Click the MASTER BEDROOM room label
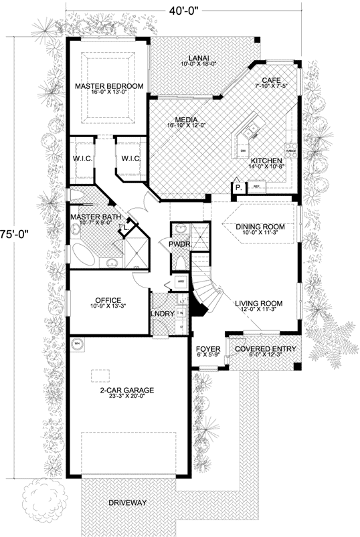[110, 86]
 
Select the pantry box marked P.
[238, 189]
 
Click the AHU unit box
[180, 282]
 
